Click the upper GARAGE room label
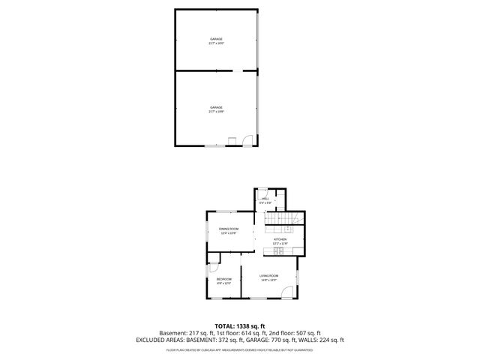(x=216, y=39)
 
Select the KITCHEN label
(x=280, y=239)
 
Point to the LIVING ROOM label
(x=269, y=277)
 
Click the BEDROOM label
(x=224, y=280)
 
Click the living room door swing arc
(x=287, y=292)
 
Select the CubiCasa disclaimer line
(x=239, y=349)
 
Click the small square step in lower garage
(x=232, y=139)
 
